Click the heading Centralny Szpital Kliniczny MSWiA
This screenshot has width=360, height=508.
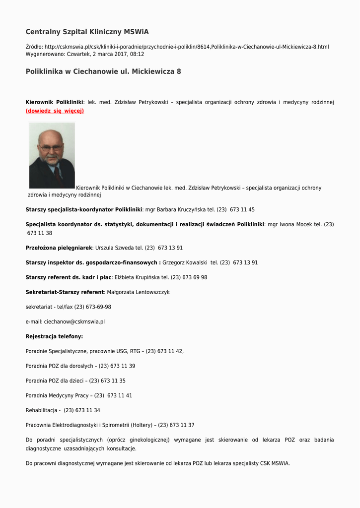[87, 32]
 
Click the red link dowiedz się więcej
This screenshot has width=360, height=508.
[55, 111]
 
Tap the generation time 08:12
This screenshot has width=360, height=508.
[138, 54]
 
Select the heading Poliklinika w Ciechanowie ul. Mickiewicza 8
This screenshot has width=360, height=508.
[103, 71]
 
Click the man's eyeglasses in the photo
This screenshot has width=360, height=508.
[51, 147]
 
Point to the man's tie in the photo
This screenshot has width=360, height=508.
[57, 174]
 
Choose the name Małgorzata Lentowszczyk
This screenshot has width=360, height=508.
[138, 292]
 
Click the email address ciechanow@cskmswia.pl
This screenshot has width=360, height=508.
[74, 321]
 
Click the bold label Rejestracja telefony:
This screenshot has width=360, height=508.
[54, 336]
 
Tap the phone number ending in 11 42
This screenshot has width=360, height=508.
[164, 351]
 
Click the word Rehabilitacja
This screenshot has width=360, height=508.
[41, 410]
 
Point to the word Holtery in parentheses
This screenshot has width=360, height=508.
[141, 425]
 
